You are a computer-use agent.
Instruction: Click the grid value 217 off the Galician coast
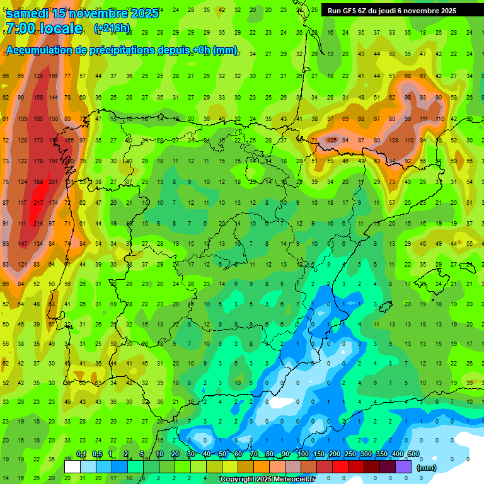[x=39, y=202]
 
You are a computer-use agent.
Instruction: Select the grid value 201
[x=54, y=182]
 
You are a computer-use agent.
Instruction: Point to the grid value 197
[x=54, y=161]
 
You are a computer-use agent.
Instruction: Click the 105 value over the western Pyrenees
[x=333, y=140]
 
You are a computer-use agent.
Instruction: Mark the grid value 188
[x=38, y=182]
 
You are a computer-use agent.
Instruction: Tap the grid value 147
[x=24, y=244]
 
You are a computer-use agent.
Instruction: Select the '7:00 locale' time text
[x=43, y=28]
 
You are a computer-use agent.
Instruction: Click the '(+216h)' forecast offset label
[x=112, y=28]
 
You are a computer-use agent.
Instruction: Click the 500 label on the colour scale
[x=413, y=454]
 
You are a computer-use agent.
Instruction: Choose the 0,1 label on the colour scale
[x=81, y=454]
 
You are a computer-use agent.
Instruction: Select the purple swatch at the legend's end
[x=404, y=466]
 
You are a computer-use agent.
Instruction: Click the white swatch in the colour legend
[x=72, y=466]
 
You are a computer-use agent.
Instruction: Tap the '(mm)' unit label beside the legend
[x=427, y=468]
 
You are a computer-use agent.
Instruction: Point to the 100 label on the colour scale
[x=303, y=454]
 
